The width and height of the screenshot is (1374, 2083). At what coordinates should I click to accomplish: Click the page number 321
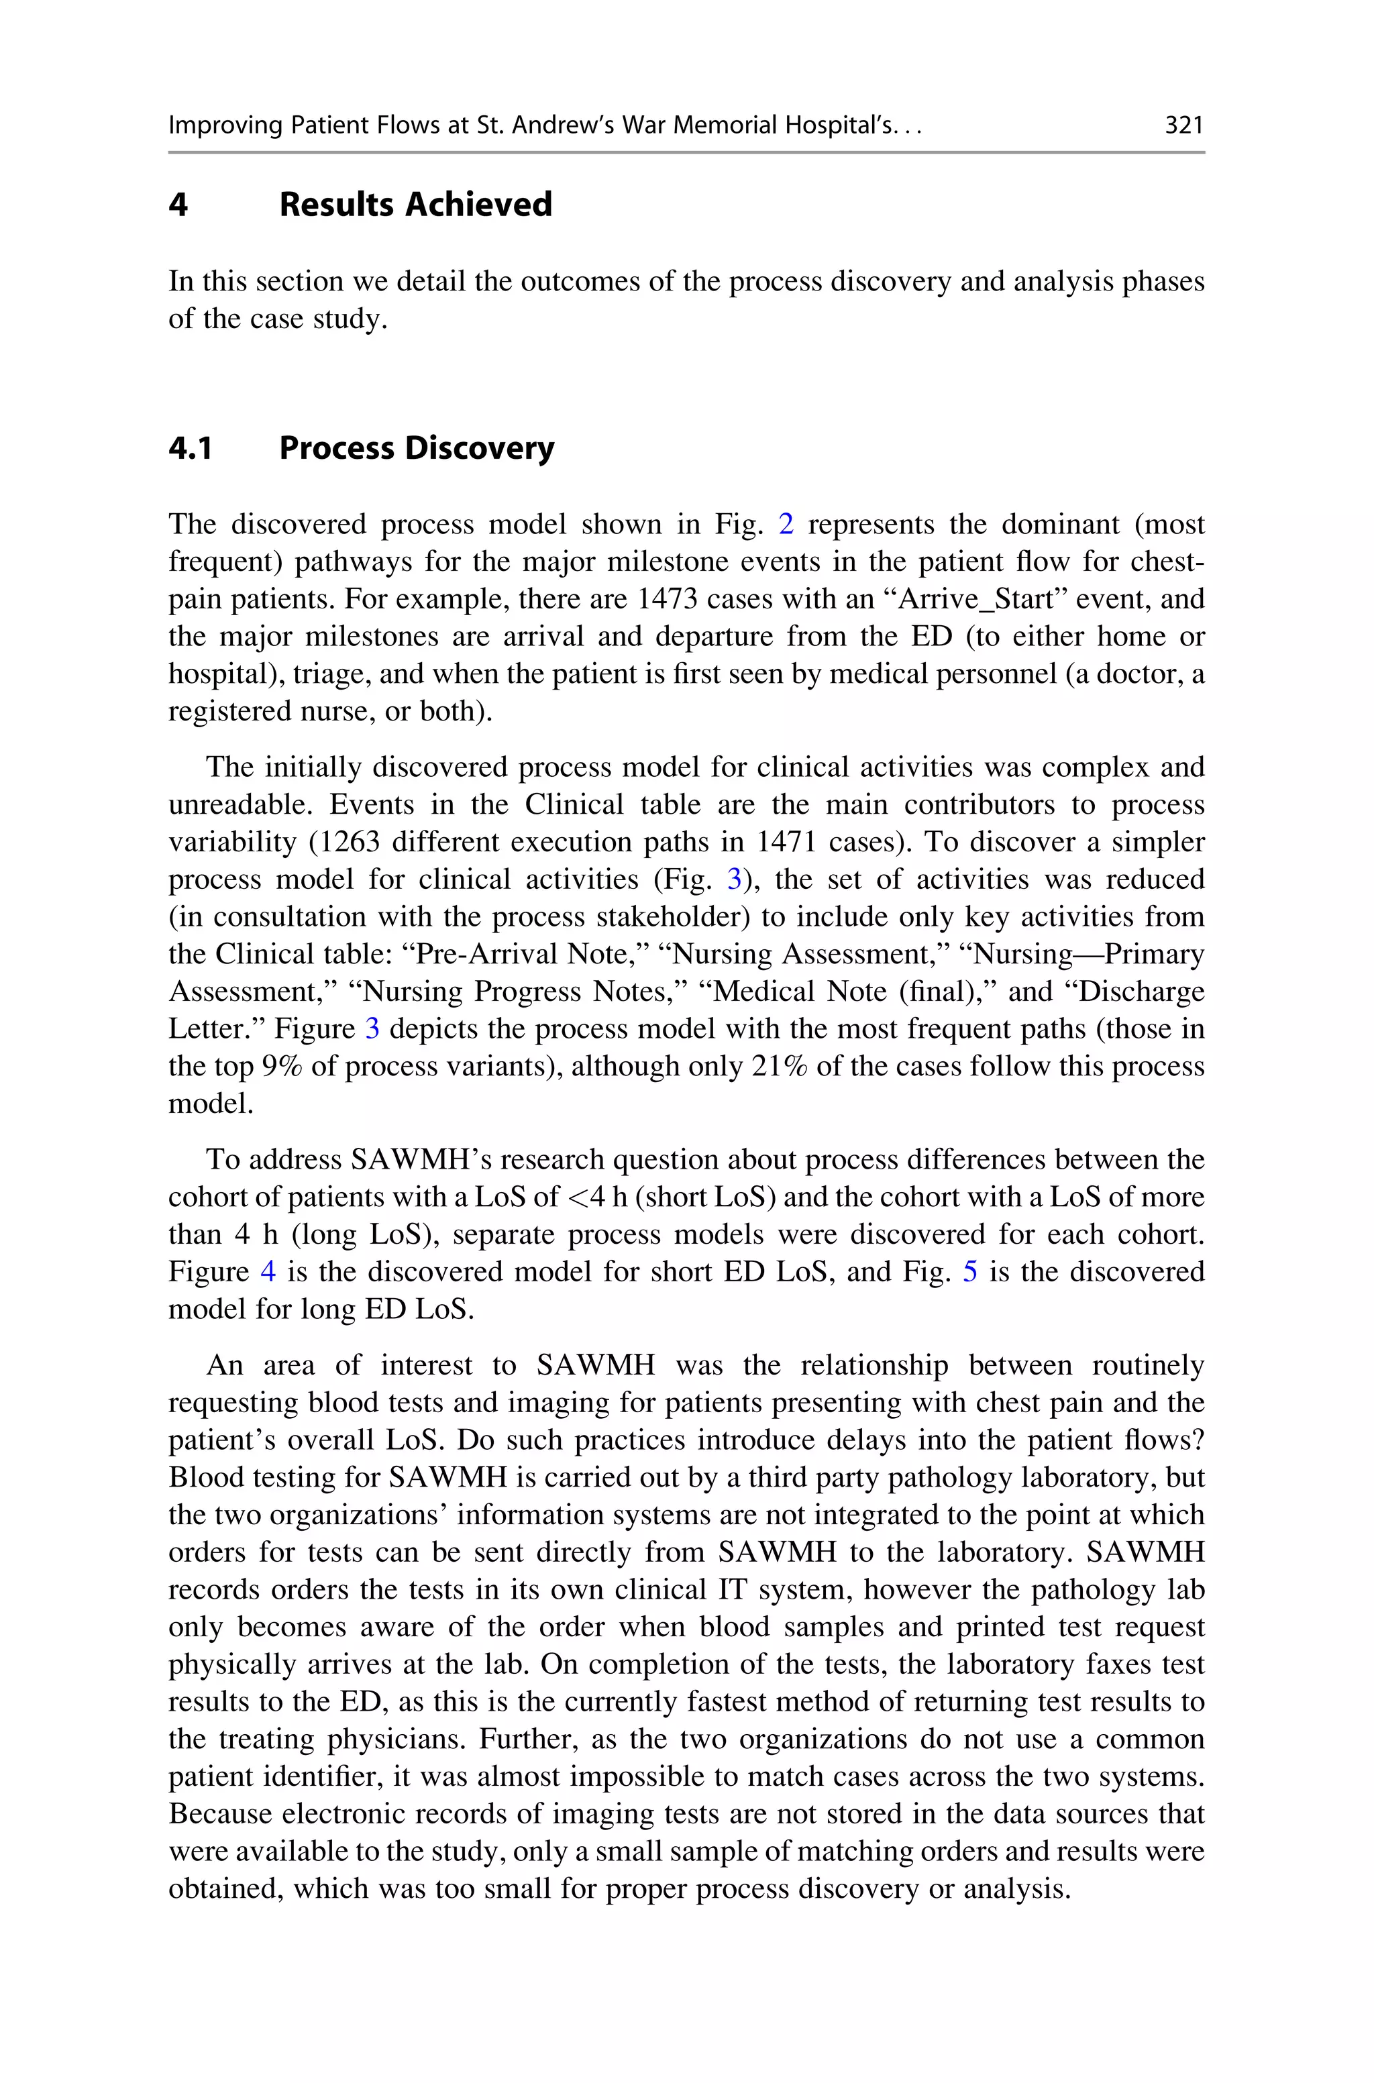1183,125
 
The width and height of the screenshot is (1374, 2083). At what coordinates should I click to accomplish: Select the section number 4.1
190,449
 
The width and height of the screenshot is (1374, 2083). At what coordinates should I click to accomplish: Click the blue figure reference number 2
786,525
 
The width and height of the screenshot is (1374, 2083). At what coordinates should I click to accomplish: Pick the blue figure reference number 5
970,1272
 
